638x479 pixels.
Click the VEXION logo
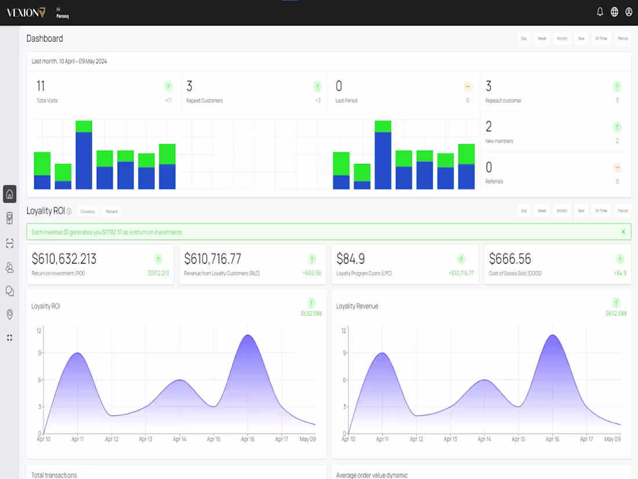point(26,12)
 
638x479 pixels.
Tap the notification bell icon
point(600,12)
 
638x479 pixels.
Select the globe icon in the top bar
point(615,12)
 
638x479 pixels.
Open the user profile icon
point(629,12)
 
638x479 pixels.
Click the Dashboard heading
point(45,39)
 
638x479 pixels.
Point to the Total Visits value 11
point(41,87)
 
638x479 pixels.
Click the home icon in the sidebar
point(10,194)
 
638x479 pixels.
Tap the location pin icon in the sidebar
point(10,315)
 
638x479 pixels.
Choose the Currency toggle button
point(88,211)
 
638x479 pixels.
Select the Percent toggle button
point(111,211)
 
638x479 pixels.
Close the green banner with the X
point(623,232)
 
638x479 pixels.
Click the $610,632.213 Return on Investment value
point(64,259)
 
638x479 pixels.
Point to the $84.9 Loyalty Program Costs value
point(350,259)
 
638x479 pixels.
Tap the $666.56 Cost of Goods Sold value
point(510,259)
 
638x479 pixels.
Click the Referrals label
point(494,182)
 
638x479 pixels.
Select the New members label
point(499,141)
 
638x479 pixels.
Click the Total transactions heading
point(54,475)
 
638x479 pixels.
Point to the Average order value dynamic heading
point(372,475)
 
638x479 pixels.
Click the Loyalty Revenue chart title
point(357,306)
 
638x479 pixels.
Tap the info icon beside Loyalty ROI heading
point(69,211)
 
